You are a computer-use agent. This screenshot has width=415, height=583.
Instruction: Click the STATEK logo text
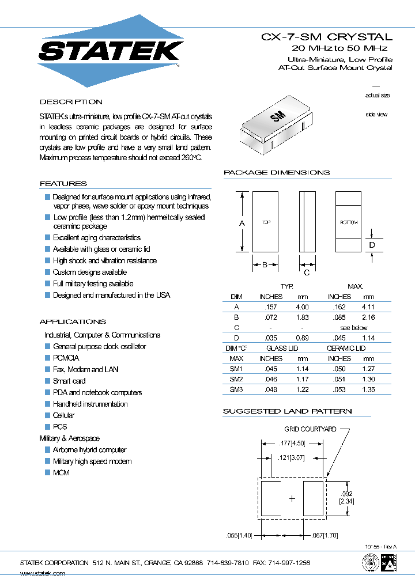coord(111,51)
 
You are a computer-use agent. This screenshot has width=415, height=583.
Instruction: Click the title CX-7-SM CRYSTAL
coord(327,37)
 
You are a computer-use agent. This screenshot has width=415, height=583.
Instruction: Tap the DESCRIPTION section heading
coord(71,102)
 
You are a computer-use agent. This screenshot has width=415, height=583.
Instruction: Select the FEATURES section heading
coord(63,184)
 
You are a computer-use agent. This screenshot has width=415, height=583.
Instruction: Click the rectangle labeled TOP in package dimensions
coord(265,222)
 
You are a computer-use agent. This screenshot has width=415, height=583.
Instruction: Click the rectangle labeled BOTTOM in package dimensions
coord(348,222)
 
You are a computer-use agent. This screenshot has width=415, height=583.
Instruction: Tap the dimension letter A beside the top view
coord(242,223)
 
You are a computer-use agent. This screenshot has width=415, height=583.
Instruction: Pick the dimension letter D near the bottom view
coord(372,245)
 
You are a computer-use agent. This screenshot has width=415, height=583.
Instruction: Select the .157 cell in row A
coord(271,307)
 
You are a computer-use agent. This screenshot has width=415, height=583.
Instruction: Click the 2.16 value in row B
coord(368,317)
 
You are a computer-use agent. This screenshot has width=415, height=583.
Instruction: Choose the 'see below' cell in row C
coord(353,327)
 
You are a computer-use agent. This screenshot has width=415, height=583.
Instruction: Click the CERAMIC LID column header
coord(346,348)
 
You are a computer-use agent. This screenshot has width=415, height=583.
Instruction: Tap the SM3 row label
coord(236,389)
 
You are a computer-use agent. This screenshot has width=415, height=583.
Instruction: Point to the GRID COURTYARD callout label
coord(310,429)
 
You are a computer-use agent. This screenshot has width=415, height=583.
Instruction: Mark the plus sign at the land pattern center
coord(292,498)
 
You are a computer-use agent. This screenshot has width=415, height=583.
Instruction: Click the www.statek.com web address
coord(43,573)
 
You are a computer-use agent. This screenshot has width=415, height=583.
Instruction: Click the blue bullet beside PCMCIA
coord(48,358)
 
